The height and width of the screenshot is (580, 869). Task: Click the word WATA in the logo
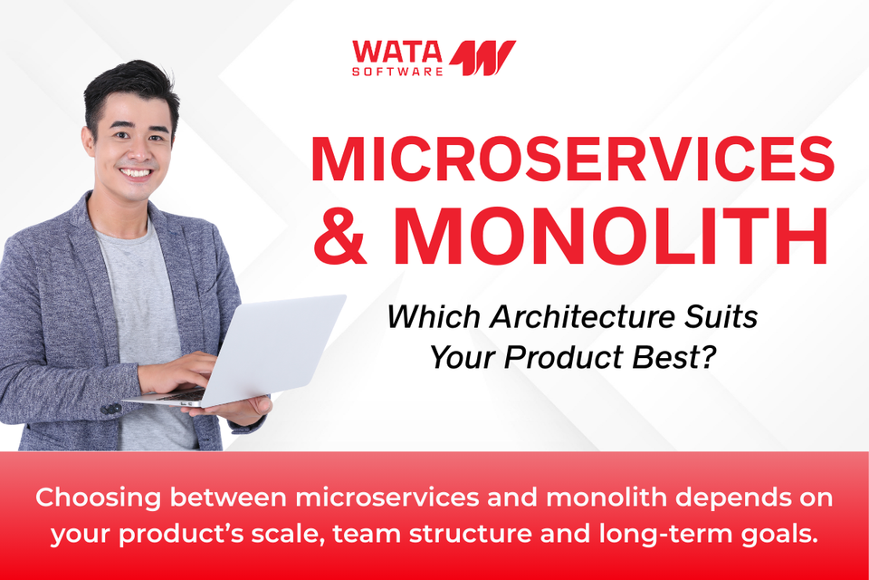coord(397,50)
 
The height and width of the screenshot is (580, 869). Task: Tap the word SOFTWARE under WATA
coord(397,70)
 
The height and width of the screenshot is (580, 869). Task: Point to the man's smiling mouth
coord(137,172)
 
